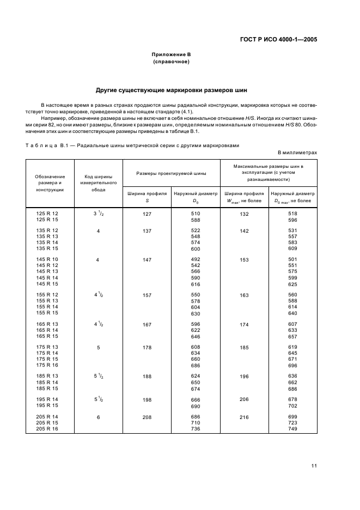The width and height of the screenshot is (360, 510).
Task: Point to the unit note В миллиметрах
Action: tap(297, 153)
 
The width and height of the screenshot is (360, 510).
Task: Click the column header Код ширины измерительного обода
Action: tap(98, 183)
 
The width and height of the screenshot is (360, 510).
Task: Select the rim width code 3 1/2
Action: tap(98, 214)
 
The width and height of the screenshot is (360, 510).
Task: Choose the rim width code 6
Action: tap(98, 417)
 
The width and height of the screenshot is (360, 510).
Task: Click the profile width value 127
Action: tap(147, 214)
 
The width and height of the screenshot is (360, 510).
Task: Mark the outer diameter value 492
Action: tap(195, 260)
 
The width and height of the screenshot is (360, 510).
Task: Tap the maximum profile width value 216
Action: tap(243, 417)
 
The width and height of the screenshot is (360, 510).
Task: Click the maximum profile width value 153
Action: tap(243, 260)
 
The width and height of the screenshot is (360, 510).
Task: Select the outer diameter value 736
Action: tap(195, 430)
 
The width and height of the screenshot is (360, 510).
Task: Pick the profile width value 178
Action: tap(147, 347)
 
